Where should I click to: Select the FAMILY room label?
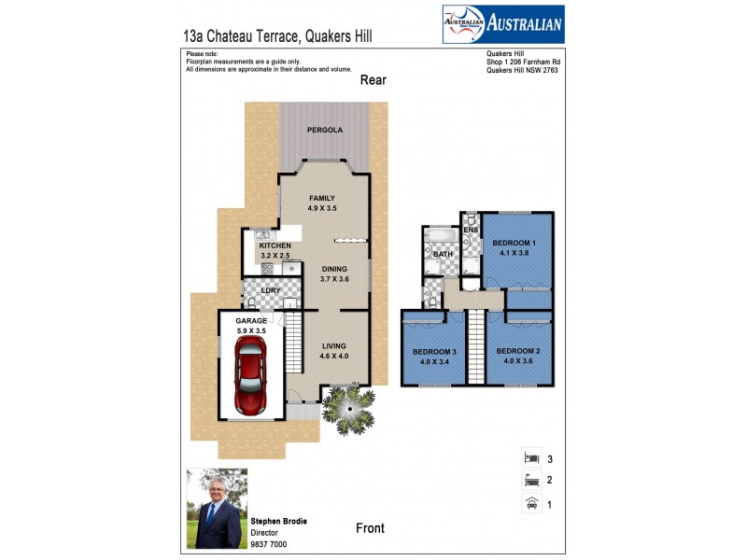click(322, 199)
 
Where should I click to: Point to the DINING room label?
click(334, 270)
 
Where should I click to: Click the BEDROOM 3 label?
click(432, 352)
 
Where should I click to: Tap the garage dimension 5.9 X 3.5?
click(251, 330)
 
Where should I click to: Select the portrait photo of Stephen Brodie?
click(217, 508)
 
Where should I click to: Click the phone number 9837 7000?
click(269, 543)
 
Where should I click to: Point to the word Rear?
click(373, 80)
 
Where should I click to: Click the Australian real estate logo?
click(502, 24)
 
